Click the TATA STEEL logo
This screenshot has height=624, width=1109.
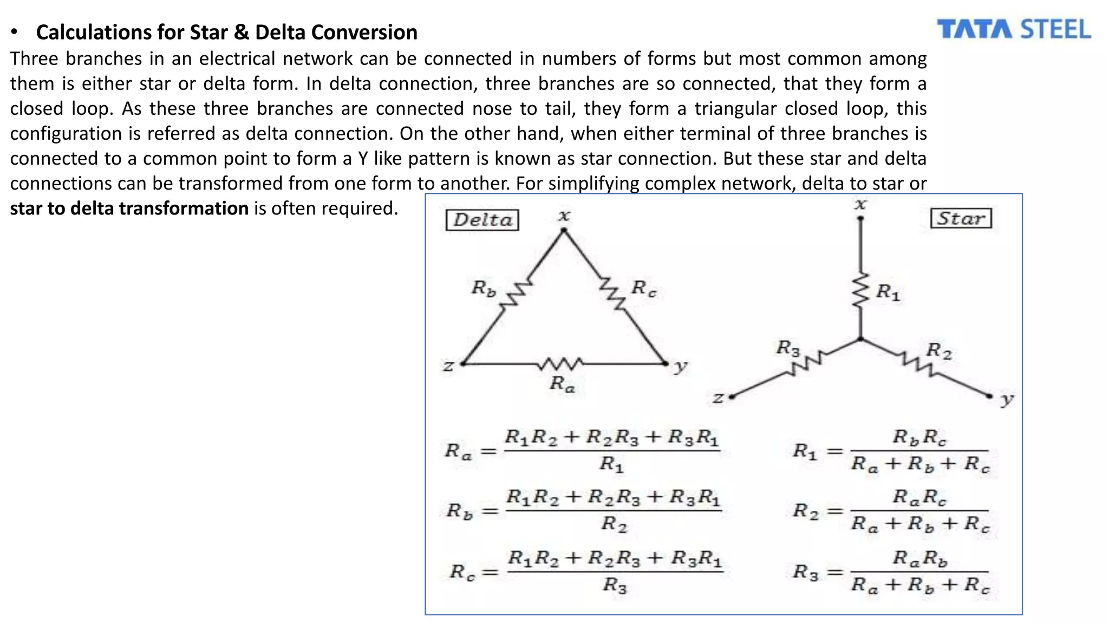[x=1014, y=30]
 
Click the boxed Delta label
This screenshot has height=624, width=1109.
[x=482, y=220]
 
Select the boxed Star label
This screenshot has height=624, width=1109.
[x=961, y=219]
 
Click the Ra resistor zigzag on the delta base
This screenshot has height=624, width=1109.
[x=561, y=363]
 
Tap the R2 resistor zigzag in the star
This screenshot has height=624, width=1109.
[x=917, y=363]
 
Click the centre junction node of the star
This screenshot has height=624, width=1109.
[x=860, y=340]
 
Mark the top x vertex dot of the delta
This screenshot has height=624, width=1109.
[x=564, y=231]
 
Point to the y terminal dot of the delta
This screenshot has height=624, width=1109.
[x=666, y=363]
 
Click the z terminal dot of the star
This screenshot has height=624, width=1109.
[x=731, y=397]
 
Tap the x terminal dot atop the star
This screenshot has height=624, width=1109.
[x=860, y=219]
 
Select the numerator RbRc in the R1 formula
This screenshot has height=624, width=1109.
[x=919, y=437]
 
